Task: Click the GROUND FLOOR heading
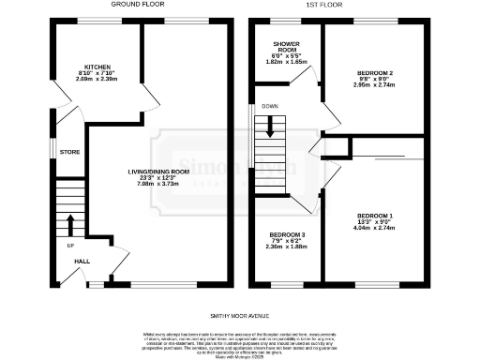[x=138, y=5]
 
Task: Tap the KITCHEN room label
[x=97, y=67]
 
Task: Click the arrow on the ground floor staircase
[x=71, y=225]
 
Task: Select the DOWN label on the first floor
[x=270, y=106]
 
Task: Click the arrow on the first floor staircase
[x=270, y=131]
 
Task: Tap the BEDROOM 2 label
[x=375, y=71]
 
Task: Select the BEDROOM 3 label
[x=287, y=234]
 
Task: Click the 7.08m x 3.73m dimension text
[x=159, y=185]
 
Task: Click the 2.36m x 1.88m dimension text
[x=287, y=247]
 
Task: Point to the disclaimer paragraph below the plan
[x=240, y=343]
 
